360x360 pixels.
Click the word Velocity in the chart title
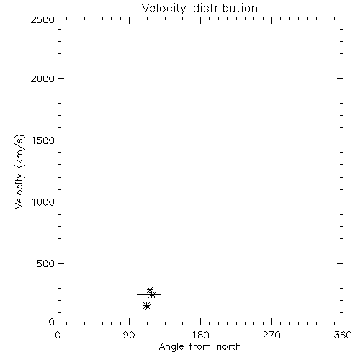coord(164,9)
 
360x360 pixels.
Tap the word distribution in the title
coord(225,8)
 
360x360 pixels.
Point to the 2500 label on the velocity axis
coord(42,19)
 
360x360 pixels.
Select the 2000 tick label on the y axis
coord(42,78)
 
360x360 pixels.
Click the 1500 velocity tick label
coord(43,140)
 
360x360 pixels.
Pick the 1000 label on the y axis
coord(43,202)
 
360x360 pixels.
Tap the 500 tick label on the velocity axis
coord(46,264)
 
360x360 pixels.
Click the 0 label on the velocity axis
coord(52,322)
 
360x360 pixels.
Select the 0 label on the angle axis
coord(58,335)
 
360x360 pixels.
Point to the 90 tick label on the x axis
coord(129,335)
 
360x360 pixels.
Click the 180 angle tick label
coord(200,335)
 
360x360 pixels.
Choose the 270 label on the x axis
coord(271,335)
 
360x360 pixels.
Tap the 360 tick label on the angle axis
coord(343,335)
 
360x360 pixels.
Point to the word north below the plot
coord(229,346)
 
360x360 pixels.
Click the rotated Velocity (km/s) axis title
coord(19,172)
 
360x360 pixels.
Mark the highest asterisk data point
coord(150,290)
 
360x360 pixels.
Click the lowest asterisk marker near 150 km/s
coord(148,307)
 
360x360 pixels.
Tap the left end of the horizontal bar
coord(137,294)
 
